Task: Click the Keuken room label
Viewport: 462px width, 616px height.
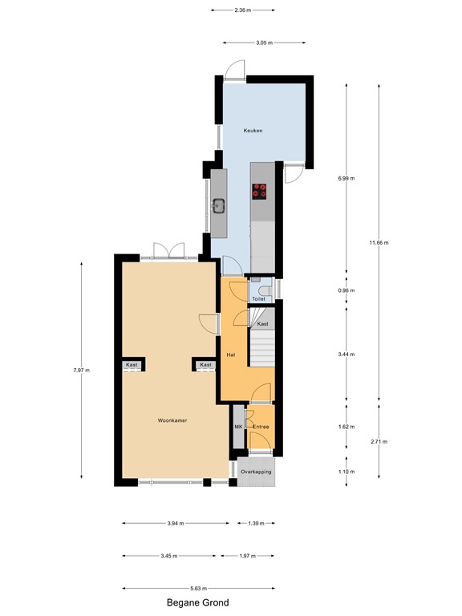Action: [253, 130]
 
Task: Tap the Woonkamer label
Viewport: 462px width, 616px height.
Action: [172, 419]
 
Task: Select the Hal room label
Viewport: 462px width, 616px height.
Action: [230, 354]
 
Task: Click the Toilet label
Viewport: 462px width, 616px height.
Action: [258, 298]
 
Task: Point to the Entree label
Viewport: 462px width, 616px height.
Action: [261, 428]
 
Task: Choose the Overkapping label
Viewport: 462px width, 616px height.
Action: [256, 472]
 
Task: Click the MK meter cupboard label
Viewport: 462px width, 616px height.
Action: [238, 428]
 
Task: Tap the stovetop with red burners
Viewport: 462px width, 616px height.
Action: [260, 191]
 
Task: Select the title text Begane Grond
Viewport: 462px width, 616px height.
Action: [197, 603]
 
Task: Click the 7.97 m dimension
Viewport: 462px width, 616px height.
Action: [82, 370]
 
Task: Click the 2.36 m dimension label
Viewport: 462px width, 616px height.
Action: [242, 10]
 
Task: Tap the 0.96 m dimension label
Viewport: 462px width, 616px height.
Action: [346, 290]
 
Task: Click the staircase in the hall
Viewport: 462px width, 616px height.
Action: [262, 349]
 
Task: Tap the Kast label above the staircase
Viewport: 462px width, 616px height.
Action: [262, 323]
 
